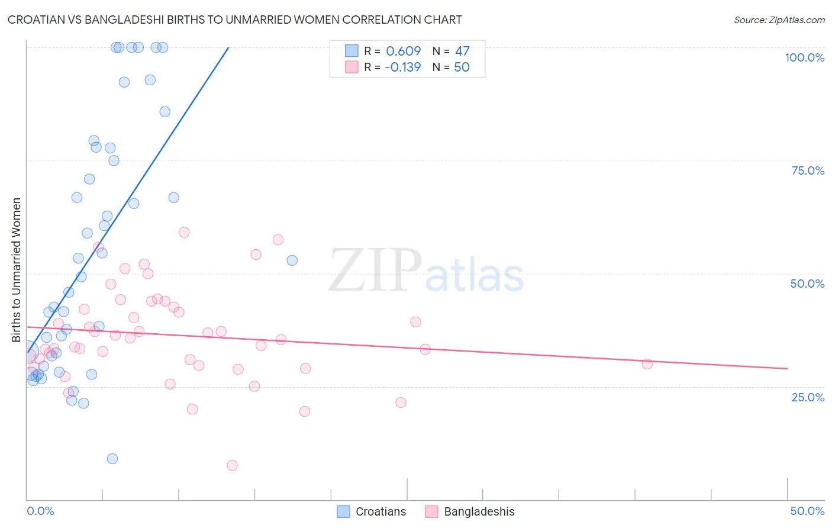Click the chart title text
pos(234,20)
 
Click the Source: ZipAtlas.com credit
pos(779,20)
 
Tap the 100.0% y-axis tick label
pos(804,57)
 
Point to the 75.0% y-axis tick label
pos(808,170)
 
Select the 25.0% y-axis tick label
pos(808,397)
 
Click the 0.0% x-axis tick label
pos(40,511)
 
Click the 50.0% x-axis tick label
pos(807,511)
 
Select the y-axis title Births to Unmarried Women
pos(16,270)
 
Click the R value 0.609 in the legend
pos(403,51)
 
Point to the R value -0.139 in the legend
pos(402,67)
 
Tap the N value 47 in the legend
pos(462,51)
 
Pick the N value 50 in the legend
pos(462,67)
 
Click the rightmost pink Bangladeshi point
pos(647,364)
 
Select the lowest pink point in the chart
pos(232,465)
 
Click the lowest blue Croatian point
pos(112,459)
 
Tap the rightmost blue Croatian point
pos(292,260)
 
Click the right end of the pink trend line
pos(787,368)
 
